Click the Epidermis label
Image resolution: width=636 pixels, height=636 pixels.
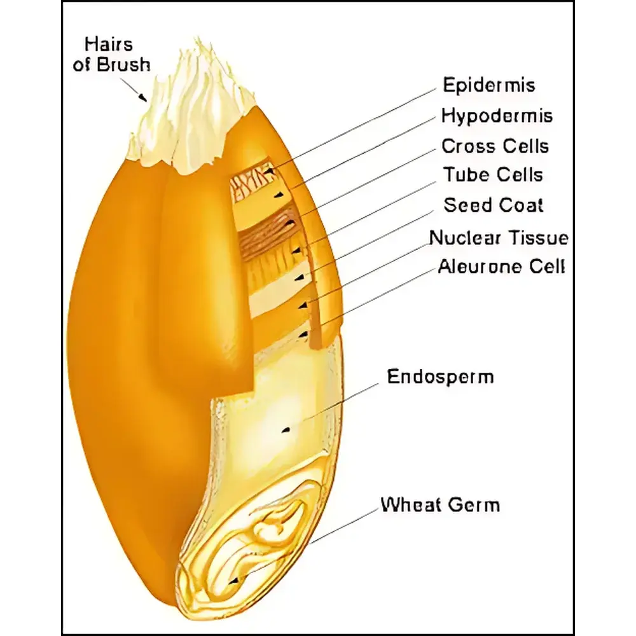(x=488, y=85)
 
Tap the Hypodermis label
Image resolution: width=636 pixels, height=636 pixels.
(x=497, y=116)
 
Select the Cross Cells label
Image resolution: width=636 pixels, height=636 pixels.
(x=495, y=146)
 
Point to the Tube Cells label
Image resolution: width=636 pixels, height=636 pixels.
(x=493, y=175)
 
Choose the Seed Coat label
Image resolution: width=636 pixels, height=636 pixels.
(x=494, y=205)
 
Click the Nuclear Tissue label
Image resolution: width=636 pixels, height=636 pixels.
(x=499, y=238)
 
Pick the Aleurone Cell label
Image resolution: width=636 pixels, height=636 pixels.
(x=501, y=267)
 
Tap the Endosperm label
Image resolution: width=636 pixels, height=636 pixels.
(x=441, y=377)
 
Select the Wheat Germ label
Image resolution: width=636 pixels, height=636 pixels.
(x=440, y=505)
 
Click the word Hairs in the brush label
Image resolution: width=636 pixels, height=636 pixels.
(x=109, y=45)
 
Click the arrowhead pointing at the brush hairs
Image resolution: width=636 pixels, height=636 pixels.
(x=142, y=97)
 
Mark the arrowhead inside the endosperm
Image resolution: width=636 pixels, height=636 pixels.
(x=286, y=429)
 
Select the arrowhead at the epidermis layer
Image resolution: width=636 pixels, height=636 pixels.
(x=269, y=172)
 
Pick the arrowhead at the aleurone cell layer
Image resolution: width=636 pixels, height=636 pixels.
(x=303, y=335)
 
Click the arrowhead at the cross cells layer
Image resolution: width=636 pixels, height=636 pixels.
(x=290, y=223)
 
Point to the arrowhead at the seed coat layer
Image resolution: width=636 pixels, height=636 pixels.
(x=300, y=279)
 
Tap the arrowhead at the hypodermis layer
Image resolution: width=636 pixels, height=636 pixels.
(x=278, y=195)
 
